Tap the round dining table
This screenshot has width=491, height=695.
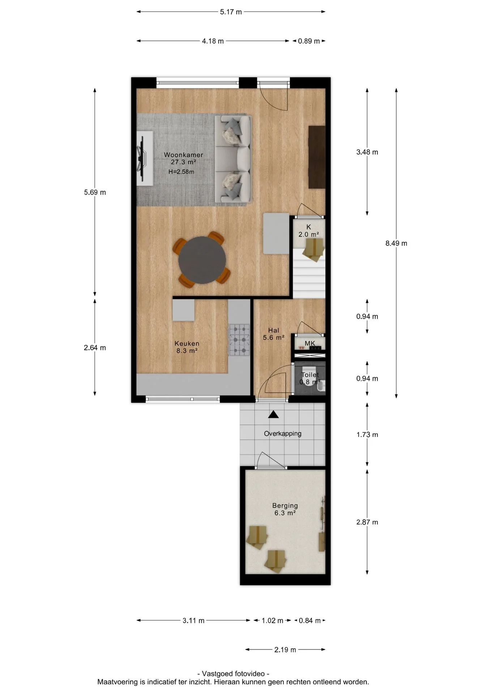pos(202,260)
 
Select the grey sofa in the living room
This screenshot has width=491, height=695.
pos(233,159)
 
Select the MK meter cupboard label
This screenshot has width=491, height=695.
pos(310,343)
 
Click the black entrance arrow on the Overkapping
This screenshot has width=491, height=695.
pos(273,414)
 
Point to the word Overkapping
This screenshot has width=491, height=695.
pos(282,433)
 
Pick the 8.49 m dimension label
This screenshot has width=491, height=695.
pos(396,243)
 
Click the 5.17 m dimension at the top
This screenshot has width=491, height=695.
pos(231,12)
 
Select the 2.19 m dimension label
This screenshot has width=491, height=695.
pos(285,650)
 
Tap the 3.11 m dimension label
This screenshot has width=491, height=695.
pos(193,621)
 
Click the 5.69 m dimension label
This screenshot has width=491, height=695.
pos(95,192)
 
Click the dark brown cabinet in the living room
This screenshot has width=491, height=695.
pos(317,157)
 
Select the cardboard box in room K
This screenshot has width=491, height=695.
pos(313,249)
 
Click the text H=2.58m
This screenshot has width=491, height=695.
pos(181,172)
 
